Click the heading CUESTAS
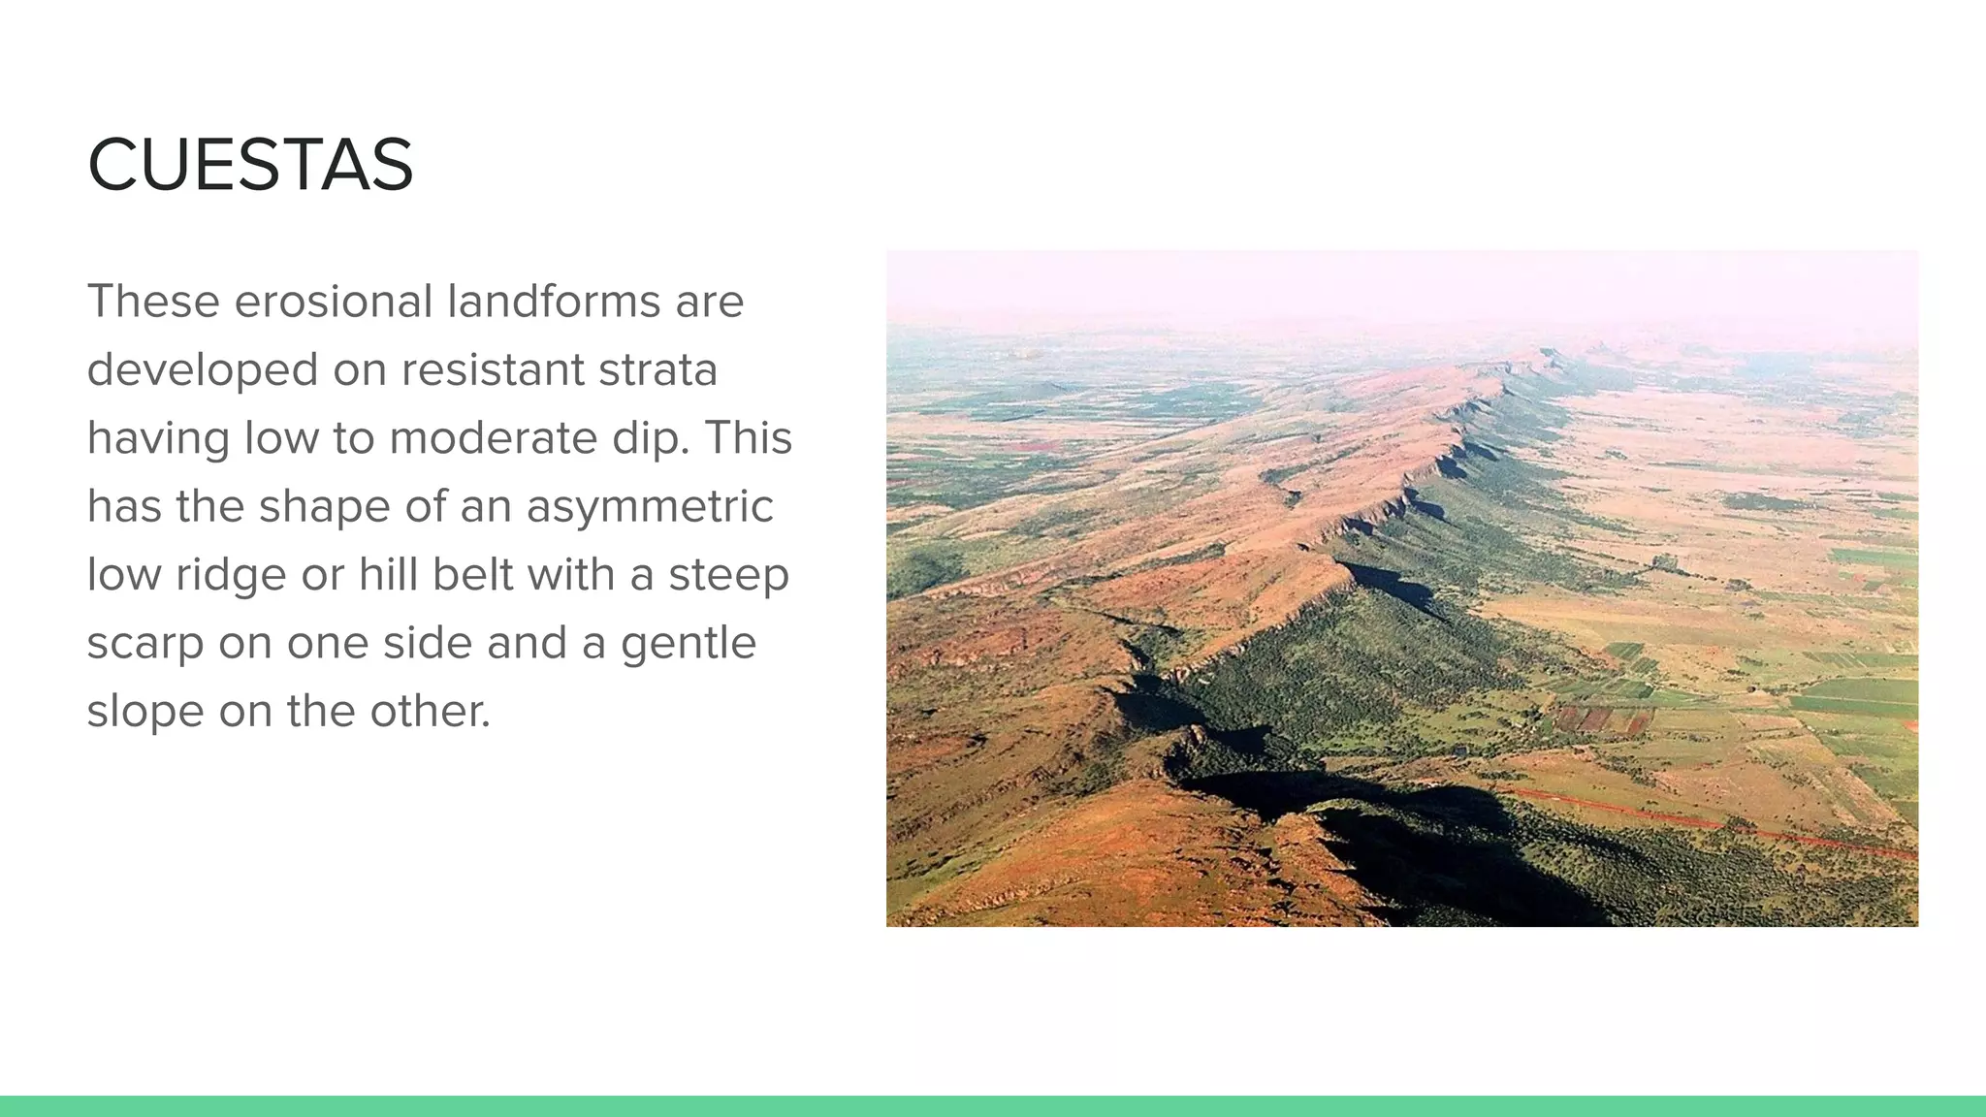(x=250, y=165)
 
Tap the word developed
(x=203, y=370)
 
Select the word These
(x=153, y=302)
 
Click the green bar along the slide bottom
(x=993, y=1106)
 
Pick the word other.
(x=430, y=712)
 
